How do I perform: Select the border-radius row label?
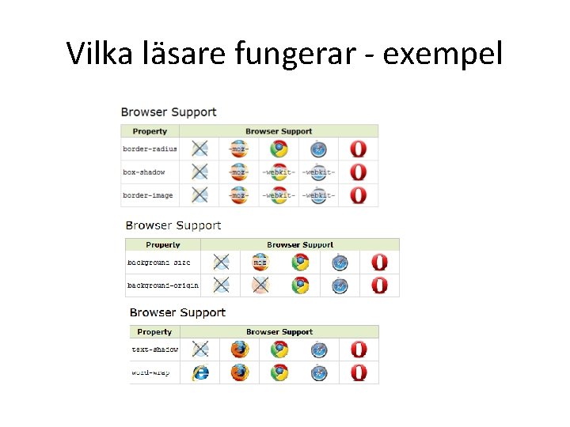150,149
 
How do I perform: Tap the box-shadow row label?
144,172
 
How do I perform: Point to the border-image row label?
147,195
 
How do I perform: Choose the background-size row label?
159,263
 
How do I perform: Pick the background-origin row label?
163,285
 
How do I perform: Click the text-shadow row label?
154,350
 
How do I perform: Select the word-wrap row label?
150,372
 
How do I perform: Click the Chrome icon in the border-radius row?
279,149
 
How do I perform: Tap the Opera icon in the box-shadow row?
359,172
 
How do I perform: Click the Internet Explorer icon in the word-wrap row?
200,372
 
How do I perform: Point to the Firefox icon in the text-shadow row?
239,350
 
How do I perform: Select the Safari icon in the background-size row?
340,263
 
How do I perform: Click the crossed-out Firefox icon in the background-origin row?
260,285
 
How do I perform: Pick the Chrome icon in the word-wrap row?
279,372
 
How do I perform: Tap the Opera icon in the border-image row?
359,195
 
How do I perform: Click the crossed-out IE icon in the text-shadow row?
200,350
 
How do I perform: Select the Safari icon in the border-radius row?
318,149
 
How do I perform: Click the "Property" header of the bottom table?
154,332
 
